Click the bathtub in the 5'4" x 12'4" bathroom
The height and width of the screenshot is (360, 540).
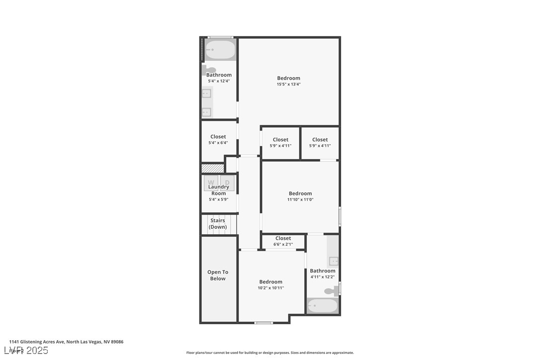click(x=220, y=50)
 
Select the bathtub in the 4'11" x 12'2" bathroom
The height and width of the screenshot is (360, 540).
click(x=322, y=305)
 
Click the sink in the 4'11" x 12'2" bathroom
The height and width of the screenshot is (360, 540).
click(x=334, y=261)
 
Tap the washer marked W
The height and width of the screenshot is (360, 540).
click(x=211, y=182)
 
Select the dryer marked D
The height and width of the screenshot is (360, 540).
click(x=227, y=182)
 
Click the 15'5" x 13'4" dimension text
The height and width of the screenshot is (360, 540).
click(x=288, y=85)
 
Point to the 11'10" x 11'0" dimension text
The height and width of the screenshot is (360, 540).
click(x=300, y=200)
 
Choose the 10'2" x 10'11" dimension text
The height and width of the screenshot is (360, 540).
click(x=270, y=288)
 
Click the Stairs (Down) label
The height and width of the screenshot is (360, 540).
click(x=218, y=224)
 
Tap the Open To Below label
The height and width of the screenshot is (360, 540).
click(x=218, y=275)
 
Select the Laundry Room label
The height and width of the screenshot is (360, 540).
click(x=219, y=190)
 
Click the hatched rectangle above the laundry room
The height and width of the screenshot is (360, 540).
click(x=212, y=169)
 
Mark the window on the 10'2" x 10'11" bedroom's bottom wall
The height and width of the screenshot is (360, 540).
click(x=264, y=323)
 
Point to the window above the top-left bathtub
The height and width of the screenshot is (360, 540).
click(x=220, y=37)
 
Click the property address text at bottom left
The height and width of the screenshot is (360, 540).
click(x=66, y=342)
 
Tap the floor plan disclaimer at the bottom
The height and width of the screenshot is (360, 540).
click(x=270, y=353)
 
